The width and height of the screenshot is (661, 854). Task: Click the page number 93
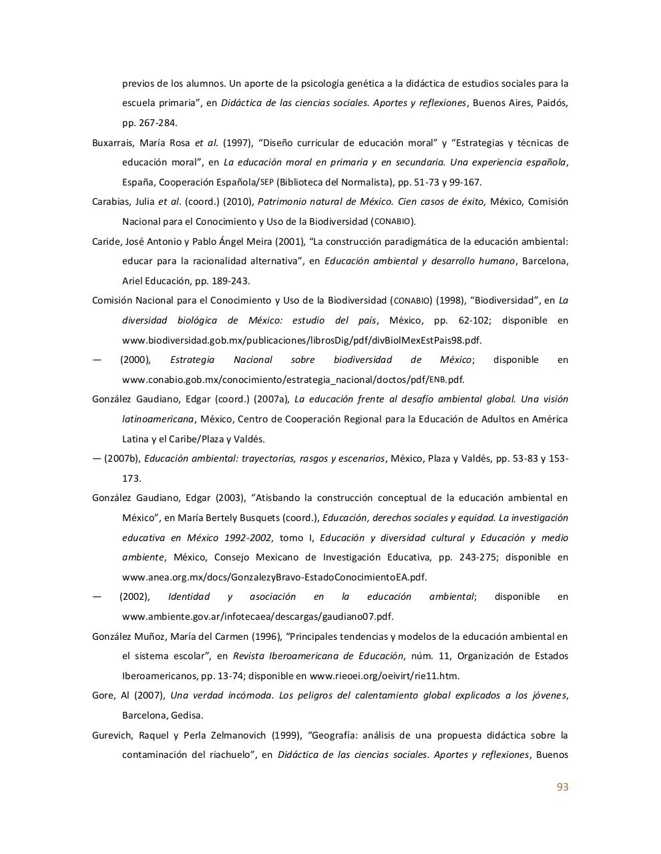(562, 787)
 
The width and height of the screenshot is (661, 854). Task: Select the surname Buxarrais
(113, 143)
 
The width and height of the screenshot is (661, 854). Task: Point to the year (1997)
(238, 143)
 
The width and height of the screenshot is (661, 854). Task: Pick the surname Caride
(105, 242)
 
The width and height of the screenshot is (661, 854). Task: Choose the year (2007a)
(272, 399)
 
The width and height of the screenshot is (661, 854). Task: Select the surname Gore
(103, 695)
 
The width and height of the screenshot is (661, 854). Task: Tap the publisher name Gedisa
(187, 715)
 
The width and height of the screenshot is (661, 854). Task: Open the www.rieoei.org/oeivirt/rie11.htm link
(385, 676)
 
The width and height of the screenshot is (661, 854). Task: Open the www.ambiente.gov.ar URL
(258, 616)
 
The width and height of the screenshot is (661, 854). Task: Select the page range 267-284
(157, 123)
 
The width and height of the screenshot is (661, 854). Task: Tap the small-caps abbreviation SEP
(267, 182)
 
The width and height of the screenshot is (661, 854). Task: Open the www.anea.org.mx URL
(274, 577)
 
